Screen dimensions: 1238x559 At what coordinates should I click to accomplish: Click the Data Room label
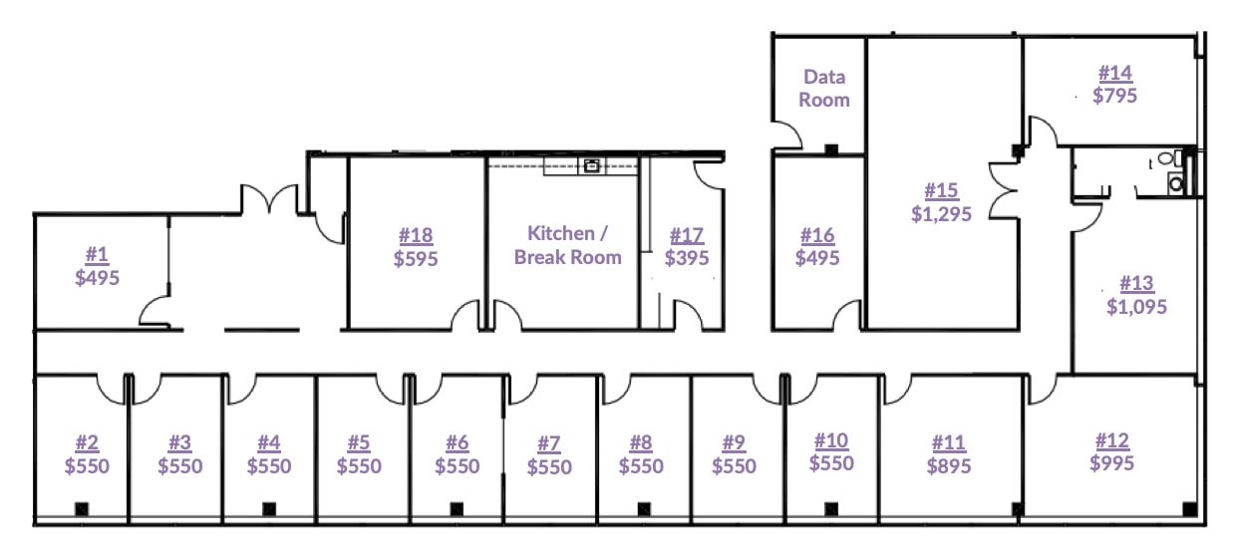(x=824, y=89)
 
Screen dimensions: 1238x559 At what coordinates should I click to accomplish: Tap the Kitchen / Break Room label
(x=567, y=245)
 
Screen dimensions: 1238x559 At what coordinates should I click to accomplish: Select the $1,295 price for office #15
(x=941, y=214)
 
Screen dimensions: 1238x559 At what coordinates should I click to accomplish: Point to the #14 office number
(x=1115, y=73)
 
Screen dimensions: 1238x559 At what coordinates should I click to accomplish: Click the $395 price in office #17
(x=687, y=258)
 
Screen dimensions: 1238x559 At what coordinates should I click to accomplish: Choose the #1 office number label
(x=97, y=254)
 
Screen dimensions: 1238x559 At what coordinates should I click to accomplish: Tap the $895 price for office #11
(x=949, y=466)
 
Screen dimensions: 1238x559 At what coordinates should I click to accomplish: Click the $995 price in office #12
(x=1112, y=463)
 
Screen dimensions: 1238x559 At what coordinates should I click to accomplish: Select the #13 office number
(x=1137, y=283)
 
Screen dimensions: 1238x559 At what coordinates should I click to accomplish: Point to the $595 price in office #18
(x=416, y=258)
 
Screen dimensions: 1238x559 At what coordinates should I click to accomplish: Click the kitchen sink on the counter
(x=591, y=165)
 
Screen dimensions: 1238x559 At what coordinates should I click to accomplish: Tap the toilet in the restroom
(x=1167, y=158)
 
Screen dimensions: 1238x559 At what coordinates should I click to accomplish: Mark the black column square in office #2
(x=82, y=509)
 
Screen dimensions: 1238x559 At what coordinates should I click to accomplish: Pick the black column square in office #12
(x=1189, y=509)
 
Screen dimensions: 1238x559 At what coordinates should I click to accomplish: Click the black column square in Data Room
(x=831, y=149)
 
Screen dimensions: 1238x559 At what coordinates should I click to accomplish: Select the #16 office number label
(x=817, y=235)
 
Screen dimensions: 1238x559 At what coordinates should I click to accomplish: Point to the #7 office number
(x=549, y=443)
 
